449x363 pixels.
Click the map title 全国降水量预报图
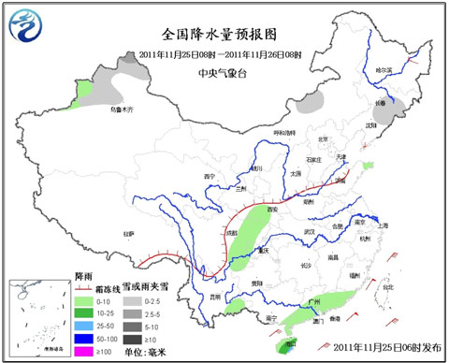[221, 34]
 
